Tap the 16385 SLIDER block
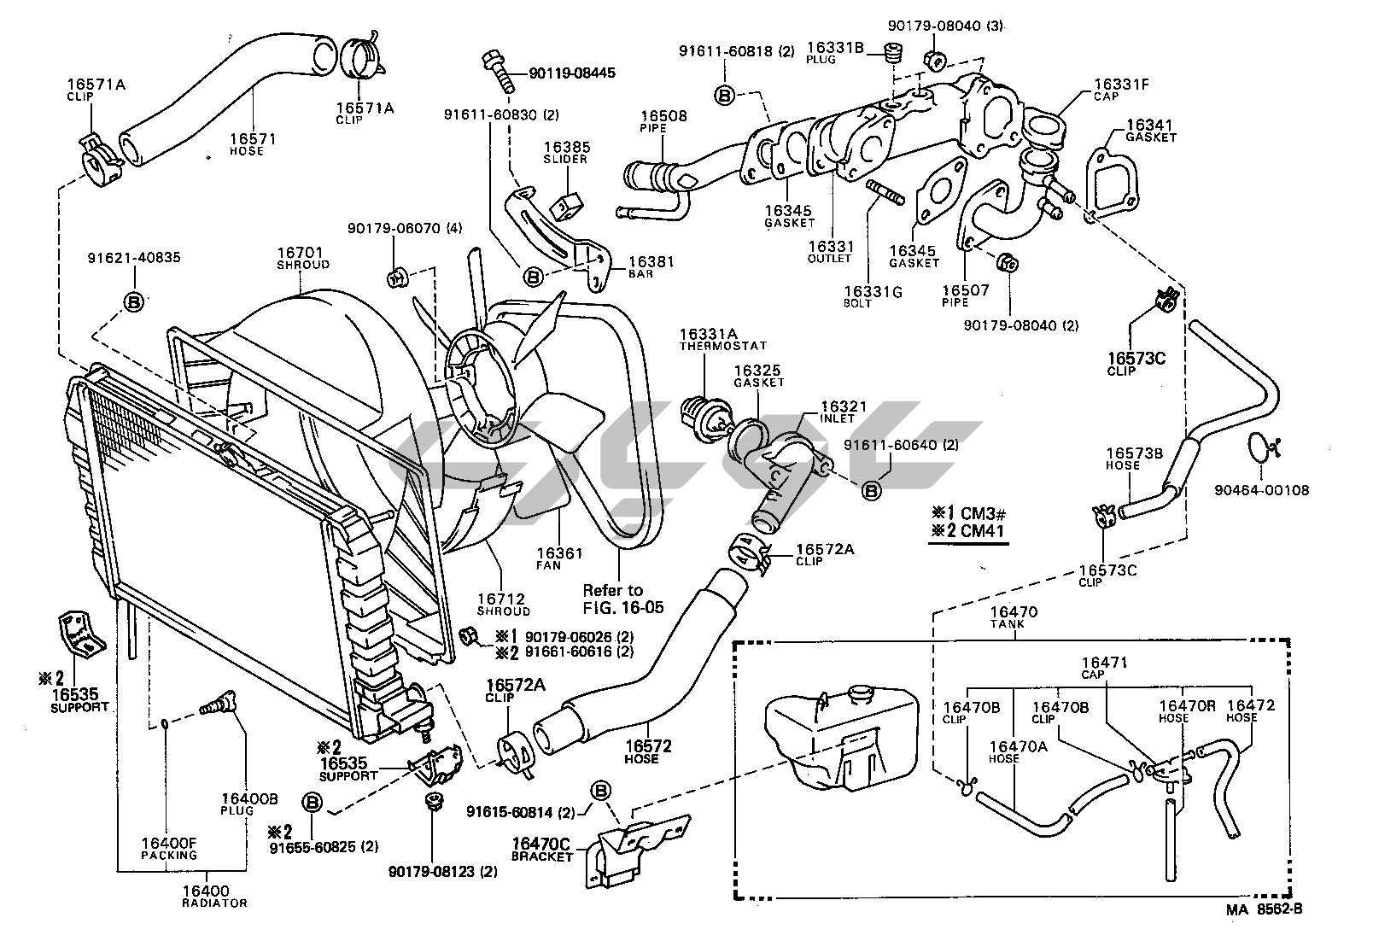[x=567, y=205]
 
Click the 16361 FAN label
[x=559, y=558]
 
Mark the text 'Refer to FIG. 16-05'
[x=622, y=599]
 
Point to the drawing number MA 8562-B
[x=1265, y=909]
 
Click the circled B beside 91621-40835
[x=134, y=301]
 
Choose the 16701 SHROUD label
[x=302, y=258]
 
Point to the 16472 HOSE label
[x=1249, y=710]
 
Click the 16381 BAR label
[x=651, y=266]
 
